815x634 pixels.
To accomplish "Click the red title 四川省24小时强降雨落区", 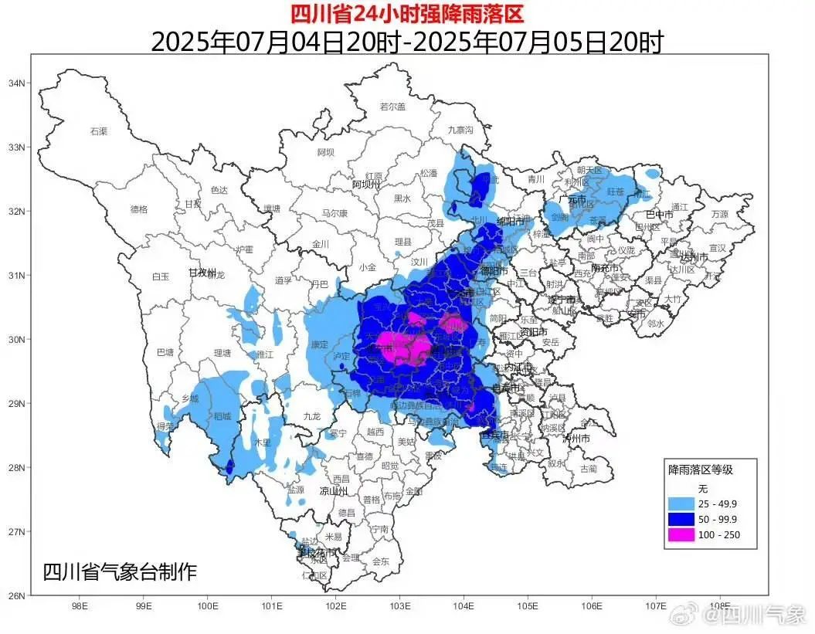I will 407,13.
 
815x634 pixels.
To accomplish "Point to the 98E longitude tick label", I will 79,607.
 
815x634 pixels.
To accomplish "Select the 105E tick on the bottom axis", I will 528,607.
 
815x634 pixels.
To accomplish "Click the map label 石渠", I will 99,132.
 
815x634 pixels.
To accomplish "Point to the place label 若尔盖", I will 392,107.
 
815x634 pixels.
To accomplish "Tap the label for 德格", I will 139,209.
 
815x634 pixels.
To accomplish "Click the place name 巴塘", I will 165,353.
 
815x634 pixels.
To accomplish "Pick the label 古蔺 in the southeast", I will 589,468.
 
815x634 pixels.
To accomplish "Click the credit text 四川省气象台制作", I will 120,572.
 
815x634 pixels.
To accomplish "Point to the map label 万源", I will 719,214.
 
